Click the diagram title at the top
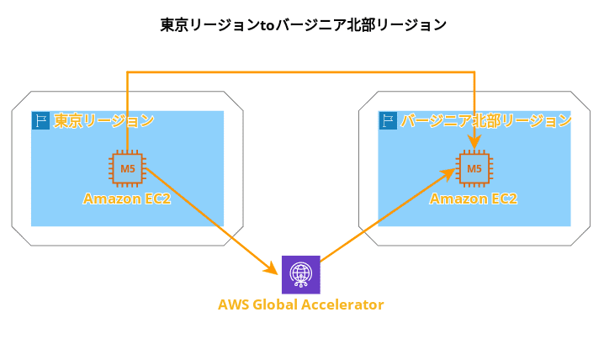tap(303, 25)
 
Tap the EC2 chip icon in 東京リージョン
tap(128, 168)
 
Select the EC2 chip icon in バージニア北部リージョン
tap(474, 168)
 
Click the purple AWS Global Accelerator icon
tap(301, 274)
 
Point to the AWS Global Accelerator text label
tap(301, 304)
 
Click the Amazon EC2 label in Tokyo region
tap(127, 199)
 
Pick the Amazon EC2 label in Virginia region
tap(474, 199)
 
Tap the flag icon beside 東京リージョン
tap(41, 120)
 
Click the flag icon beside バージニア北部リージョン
tap(388, 120)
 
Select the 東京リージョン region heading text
tap(104, 120)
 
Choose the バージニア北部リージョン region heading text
tap(486, 120)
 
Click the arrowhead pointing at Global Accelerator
tap(271, 268)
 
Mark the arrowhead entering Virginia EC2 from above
tap(474, 141)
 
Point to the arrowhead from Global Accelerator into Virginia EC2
tap(448, 174)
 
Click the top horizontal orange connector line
tap(301, 72)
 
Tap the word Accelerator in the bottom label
tap(342, 304)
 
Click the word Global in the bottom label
tap(275, 304)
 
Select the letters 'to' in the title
tap(267, 25)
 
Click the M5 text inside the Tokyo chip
tap(128, 168)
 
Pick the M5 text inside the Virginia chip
tap(474, 168)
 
